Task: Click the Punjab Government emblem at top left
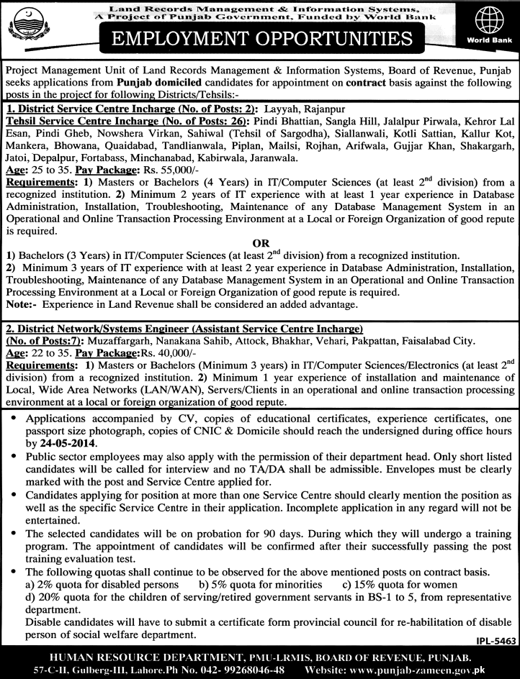27,28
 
